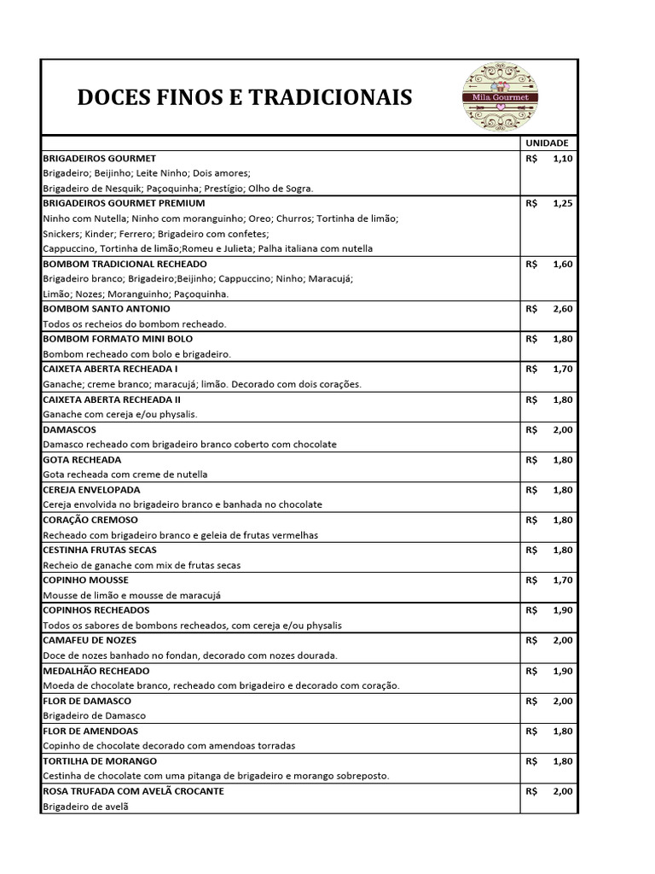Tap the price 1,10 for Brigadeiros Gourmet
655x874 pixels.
click(564, 159)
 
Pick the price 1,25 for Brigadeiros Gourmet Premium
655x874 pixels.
click(564, 204)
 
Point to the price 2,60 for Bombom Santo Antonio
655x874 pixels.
click(564, 309)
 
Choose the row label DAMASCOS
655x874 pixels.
click(70, 429)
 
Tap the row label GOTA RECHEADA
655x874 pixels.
click(83, 459)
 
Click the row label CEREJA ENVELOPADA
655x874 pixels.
click(91, 490)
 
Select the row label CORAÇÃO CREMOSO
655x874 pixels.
click(90, 520)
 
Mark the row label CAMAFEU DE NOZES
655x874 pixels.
click(90, 640)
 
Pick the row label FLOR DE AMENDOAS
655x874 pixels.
click(90, 731)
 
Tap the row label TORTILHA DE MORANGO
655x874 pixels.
click(99, 760)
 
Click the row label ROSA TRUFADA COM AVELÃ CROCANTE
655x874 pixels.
click(133, 791)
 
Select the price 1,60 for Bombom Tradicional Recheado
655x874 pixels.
click(564, 264)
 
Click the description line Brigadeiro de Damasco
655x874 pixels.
click(95, 715)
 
